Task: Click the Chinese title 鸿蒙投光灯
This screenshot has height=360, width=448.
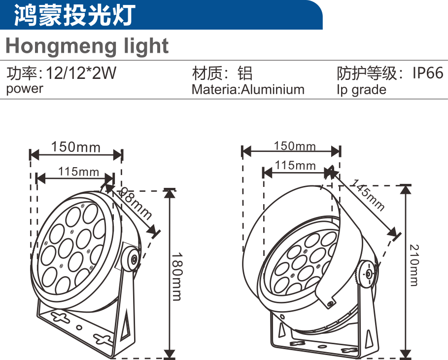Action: pos(74,15)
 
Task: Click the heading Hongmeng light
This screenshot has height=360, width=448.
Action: pos(87,46)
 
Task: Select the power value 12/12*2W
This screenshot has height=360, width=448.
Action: pos(81,73)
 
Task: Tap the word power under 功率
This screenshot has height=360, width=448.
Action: pos(25,89)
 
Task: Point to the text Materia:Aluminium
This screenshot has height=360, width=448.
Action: pos(248,89)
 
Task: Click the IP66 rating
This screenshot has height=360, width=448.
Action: pos(428,73)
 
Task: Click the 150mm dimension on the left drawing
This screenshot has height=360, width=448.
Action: pos(76,147)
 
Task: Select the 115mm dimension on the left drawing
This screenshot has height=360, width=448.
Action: pos(78,172)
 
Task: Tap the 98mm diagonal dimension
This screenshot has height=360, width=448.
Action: pos(135,203)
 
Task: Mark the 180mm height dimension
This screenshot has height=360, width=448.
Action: pos(176,276)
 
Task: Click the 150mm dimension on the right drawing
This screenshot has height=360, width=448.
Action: pos(295,146)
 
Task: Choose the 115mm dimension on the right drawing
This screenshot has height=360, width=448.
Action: pos(295,165)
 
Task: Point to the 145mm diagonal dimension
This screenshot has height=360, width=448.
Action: pos(368,195)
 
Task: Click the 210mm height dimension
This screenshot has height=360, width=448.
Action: pos(414,265)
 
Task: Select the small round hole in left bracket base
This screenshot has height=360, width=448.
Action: pos(80,327)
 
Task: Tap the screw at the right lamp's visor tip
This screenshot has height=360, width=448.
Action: pos(331,303)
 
